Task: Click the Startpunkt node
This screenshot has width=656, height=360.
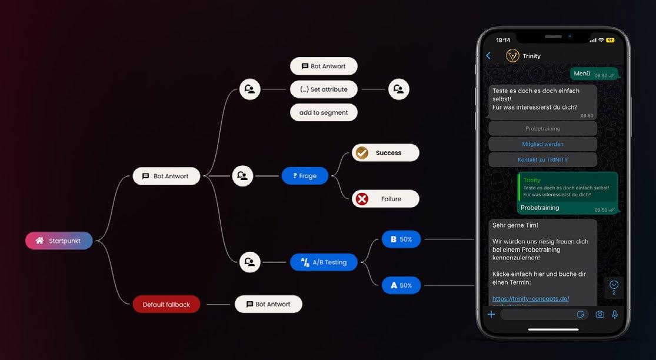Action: point(59,241)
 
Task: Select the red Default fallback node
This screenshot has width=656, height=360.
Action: point(166,304)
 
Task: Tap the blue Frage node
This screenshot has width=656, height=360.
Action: point(305,176)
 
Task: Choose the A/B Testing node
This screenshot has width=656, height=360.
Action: point(324,262)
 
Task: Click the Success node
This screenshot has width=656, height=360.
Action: point(385,153)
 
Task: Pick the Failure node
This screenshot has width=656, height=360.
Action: point(385,199)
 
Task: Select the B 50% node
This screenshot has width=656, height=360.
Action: point(401,239)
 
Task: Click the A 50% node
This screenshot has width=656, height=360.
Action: point(401,285)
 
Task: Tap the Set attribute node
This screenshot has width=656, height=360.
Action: point(324,89)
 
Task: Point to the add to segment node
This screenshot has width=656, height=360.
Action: point(324,112)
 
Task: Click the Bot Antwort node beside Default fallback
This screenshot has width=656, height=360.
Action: point(268,304)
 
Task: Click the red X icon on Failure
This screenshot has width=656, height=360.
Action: point(362,199)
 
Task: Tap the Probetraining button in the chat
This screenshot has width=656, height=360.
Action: point(542,128)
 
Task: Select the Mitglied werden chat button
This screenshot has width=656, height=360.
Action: point(542,144)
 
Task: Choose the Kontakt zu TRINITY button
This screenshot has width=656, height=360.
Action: point(542,159)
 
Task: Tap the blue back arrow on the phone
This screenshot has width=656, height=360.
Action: point(488,56)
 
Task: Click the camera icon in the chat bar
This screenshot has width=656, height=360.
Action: point(600,315)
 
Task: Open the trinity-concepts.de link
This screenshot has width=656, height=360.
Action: point(530,299)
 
